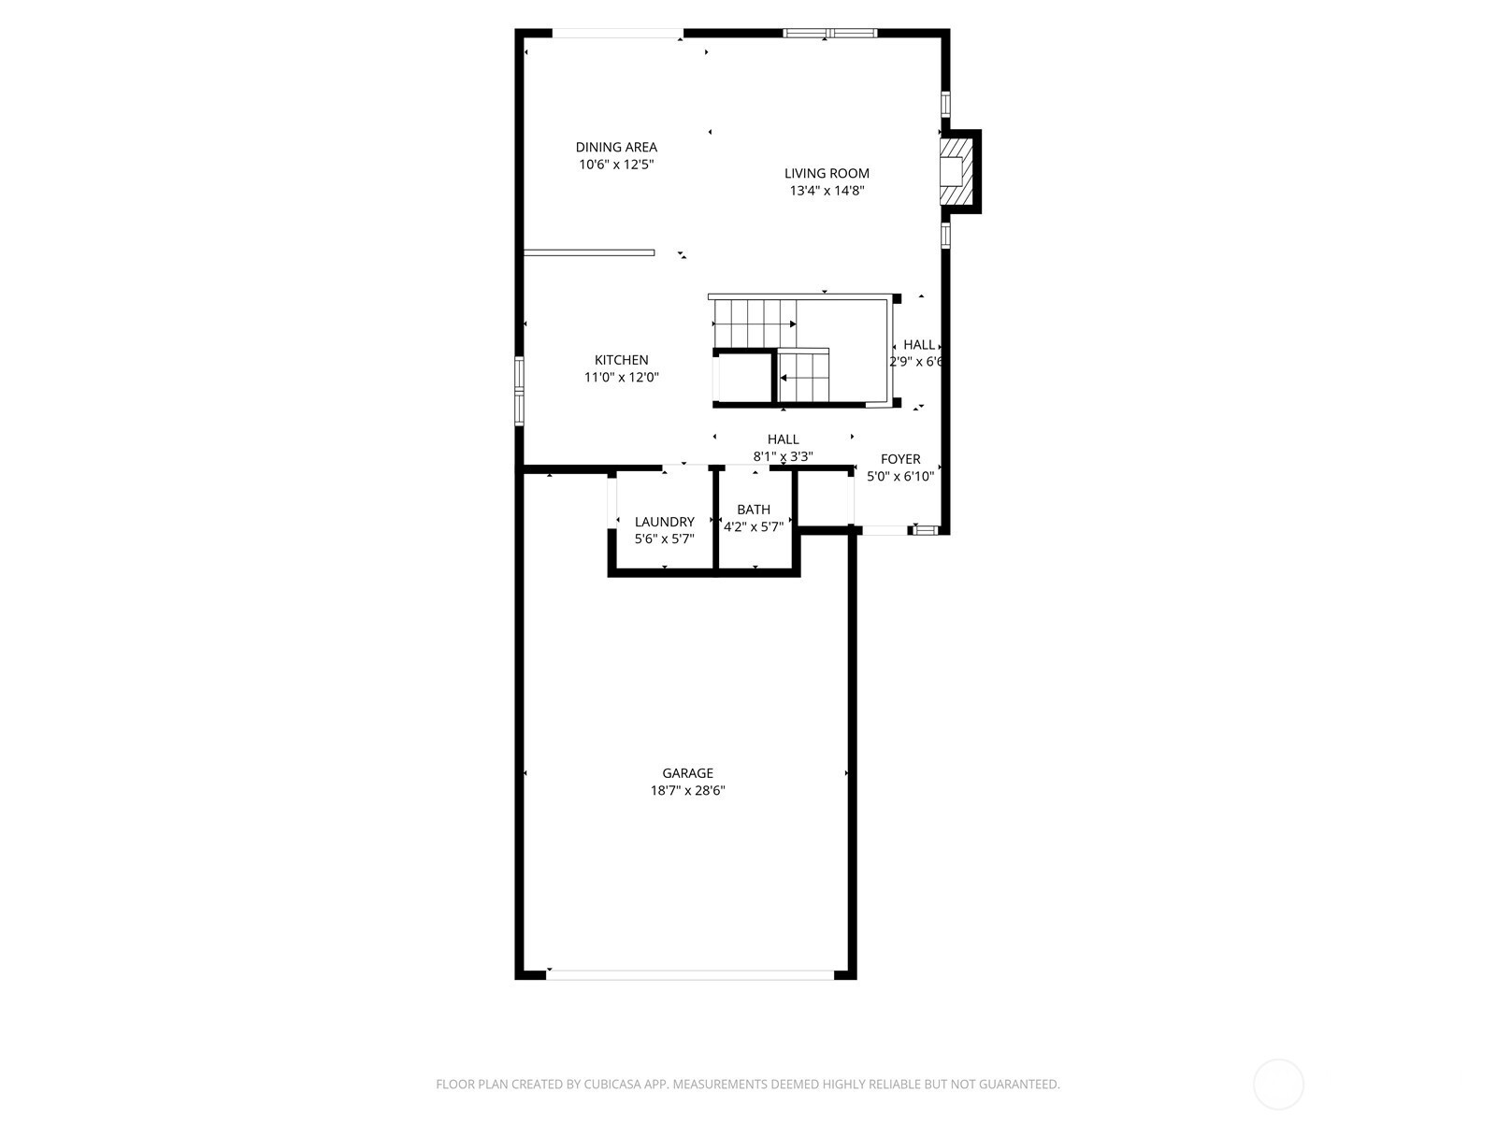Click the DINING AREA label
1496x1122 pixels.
tap(616, 147)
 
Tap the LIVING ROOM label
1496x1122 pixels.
tap(827, 174)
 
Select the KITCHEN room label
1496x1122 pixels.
tap(621, 360)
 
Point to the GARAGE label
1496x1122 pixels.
tap(687, 773)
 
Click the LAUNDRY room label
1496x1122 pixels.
tap(665, 522)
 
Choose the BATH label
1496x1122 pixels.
tap(754, 510)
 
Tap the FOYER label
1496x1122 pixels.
tap(900, 459)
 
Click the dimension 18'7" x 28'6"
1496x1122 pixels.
tap(687, 791)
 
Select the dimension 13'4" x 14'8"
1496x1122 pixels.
tap(827, 191)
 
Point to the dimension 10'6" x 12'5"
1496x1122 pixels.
tap(616, 165)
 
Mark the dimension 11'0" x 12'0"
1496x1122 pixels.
tap(621, 378)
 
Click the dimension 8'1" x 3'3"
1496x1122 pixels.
tap(784, 456)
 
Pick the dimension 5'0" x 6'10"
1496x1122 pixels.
tap(900, 476)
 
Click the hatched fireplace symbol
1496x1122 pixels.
tap(956, 171)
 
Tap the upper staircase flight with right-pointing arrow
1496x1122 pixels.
tap(755, 324)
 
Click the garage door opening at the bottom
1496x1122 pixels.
tap(690, 975)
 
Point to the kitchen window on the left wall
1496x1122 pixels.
tap(519, 391)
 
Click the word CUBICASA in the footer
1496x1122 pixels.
tap(612, 1085)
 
